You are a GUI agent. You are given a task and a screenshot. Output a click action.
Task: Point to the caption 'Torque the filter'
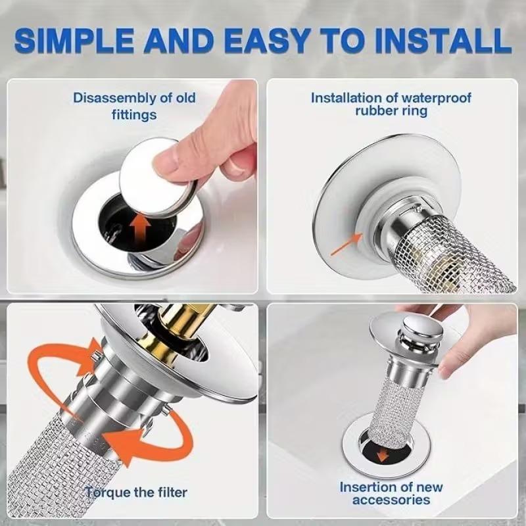point(135,492)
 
